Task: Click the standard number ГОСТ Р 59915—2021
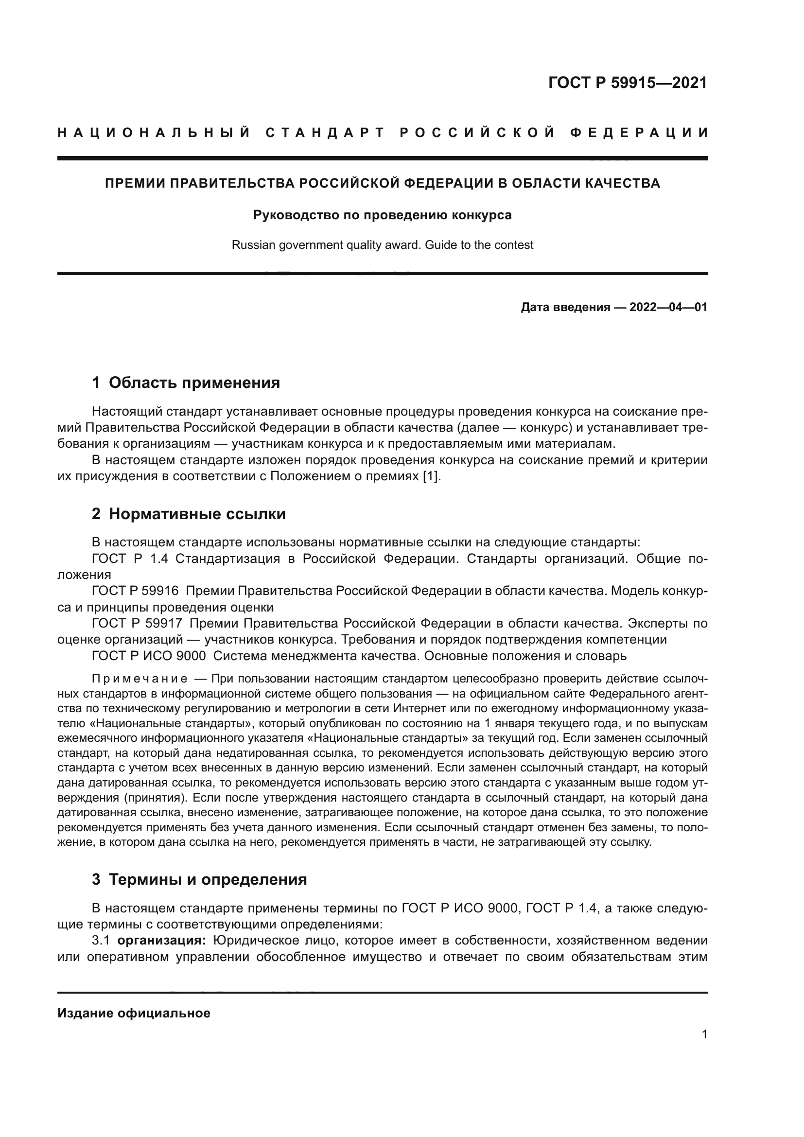(x=627, y=83)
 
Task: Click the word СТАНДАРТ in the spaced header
(x=325, y=133)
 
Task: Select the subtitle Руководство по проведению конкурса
(x=382, y=215)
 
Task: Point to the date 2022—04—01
(x=668, y=308)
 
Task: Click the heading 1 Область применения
(x=186, y=383)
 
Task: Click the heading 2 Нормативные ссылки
(x=189, y=514)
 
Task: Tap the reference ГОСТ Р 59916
(x=135, y=591)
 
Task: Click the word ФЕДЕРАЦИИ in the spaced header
(x=639, y=133)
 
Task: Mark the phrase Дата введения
(x=565, y=308)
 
